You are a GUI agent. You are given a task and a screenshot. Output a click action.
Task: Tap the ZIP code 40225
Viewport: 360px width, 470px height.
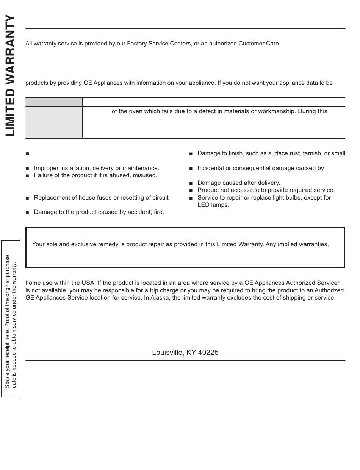click(x=208, y=353)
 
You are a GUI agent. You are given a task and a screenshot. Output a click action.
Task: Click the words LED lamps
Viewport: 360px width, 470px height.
click(x=213, y=205)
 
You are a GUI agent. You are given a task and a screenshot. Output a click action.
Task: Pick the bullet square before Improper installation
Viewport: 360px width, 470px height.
click(x=28, y=169)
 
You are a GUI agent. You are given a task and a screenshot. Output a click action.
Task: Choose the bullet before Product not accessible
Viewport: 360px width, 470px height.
click(x=191, y=190)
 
